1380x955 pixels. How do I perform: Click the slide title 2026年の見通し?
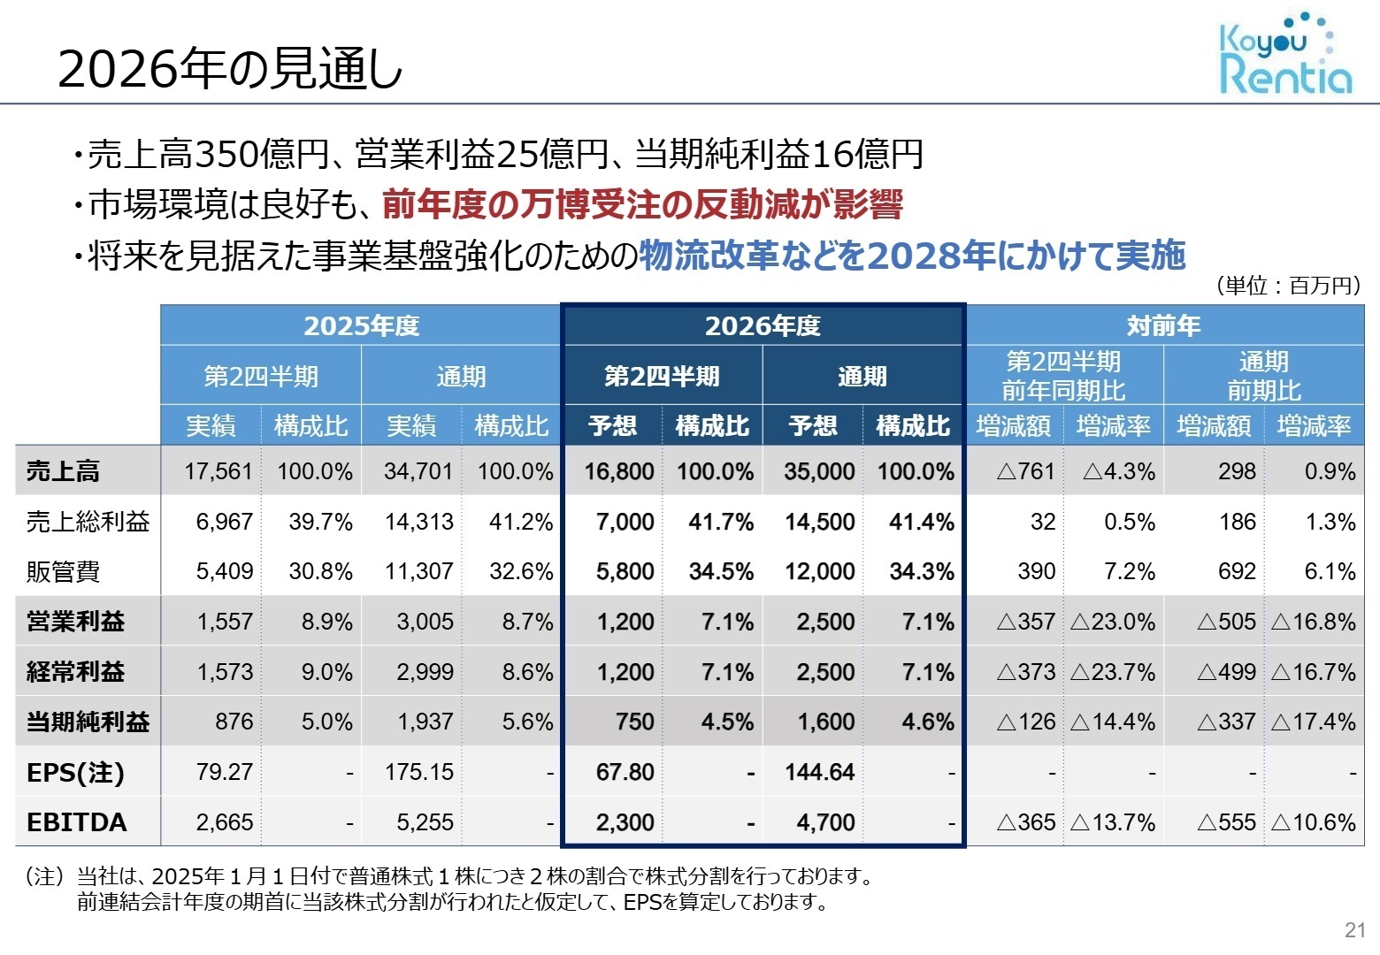click(230, 69)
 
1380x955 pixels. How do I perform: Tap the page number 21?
click(1354, 929)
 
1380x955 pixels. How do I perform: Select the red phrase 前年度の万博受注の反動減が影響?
click(642, 205)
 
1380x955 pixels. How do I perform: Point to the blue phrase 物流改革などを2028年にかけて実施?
click(911, 256)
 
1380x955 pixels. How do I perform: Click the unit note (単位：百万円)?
click(1287, 286)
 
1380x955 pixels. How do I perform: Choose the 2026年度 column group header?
click(763, 325)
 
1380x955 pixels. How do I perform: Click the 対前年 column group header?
click(1164, 325)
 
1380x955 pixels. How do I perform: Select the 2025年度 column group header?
click(361, 325)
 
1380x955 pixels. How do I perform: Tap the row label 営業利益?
click(76, 622)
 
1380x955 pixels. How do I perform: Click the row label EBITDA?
click(77, 822)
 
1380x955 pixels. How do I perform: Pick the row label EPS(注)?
click(76, 772)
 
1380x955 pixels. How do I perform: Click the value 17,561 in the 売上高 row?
click(218, 471)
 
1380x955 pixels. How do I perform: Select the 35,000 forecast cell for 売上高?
click(818, 471)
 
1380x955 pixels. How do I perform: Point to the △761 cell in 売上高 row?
click(1025, 471)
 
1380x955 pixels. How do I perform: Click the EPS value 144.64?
click(819, 772)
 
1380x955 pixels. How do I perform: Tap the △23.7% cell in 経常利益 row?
click(1113, 672)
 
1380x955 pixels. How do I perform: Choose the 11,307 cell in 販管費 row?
click(418, 572)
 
